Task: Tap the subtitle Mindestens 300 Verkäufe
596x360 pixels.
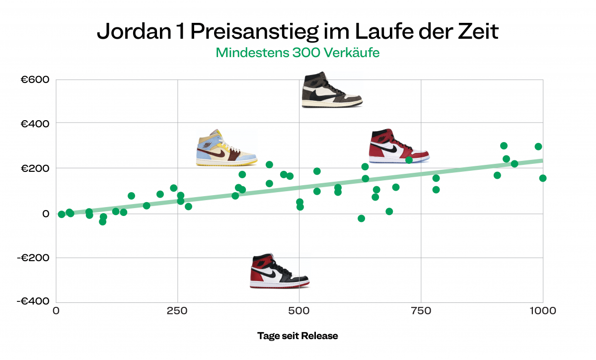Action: pos(298,52)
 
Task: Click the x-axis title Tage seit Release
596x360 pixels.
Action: pos(298,336)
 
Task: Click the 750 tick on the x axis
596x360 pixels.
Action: pos(421,311)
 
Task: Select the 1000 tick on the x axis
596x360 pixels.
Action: pos(542,311)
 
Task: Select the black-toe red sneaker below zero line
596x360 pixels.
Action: pos(279,271)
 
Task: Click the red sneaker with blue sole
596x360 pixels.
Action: pos(398,146)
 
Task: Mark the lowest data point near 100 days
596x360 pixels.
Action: pos(103,221)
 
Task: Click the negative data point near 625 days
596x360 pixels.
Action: pos(361,218)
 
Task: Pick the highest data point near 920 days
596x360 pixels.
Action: pos(504,145)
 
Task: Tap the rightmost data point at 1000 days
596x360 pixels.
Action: pos(543,178)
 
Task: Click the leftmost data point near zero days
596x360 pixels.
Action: pos(62,214)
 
